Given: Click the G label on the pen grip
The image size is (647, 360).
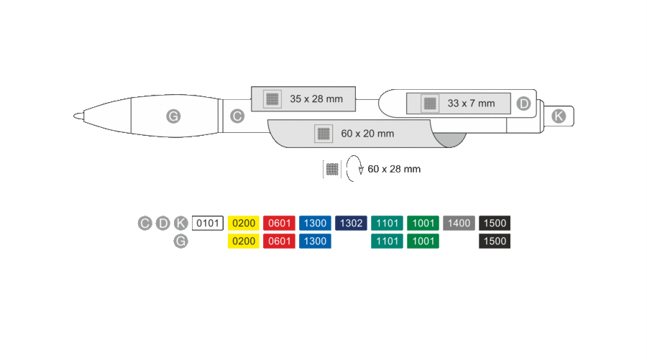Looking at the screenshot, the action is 173,116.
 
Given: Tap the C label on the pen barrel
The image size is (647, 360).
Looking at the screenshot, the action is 237,116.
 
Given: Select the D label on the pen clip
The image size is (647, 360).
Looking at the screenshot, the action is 523,103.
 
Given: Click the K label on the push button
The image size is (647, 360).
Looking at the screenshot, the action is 559,116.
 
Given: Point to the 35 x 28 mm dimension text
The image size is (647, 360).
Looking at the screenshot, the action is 316,99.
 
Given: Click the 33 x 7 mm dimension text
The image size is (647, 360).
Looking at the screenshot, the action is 471,103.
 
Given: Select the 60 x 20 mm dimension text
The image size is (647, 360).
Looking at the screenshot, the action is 367,134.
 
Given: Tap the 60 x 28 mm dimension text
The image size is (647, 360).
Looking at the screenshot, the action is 394,169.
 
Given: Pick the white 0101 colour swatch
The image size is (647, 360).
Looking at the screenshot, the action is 208,223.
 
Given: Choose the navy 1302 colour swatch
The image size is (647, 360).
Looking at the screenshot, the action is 351,223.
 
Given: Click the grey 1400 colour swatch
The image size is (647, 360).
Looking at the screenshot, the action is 459,223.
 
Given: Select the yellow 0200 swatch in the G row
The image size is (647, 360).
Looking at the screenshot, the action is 244,241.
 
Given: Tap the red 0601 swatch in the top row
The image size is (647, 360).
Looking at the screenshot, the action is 280,223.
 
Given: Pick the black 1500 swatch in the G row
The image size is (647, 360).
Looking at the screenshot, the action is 495,241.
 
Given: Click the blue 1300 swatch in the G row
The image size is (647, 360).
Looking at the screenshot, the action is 316,241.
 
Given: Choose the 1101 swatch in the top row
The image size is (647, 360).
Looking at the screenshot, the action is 387,223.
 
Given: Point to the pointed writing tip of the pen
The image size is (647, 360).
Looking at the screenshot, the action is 75,116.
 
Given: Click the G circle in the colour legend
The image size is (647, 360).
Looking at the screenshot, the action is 180,241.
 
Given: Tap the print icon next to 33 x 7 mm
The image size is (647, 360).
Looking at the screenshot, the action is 430,103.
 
